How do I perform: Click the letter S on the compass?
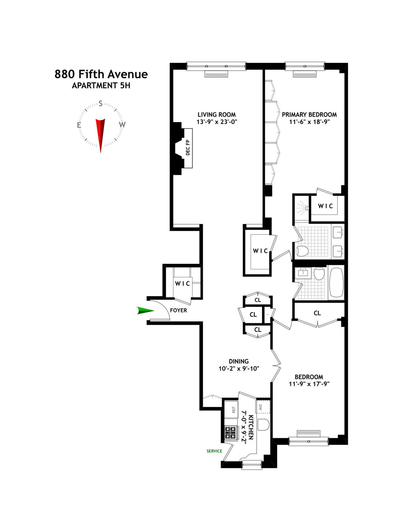(x=101, y=103)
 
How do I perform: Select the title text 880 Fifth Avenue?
(x=101, y=74)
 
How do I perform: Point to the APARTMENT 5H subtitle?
(x=101, y=86)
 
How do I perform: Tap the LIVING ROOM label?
(x=217, y=115)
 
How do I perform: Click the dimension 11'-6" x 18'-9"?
(x=309, y=122)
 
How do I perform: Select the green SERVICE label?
(x=214, y=451)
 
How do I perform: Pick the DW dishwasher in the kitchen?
(x=263, y=407)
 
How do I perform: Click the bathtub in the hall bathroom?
(x=336, y=282)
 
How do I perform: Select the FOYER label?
(x=178, y=311)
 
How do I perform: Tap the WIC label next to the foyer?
(x=182, y=283)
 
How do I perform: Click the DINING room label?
(x=239, y=361)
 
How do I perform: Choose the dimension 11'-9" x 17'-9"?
(x=309, y=384)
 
